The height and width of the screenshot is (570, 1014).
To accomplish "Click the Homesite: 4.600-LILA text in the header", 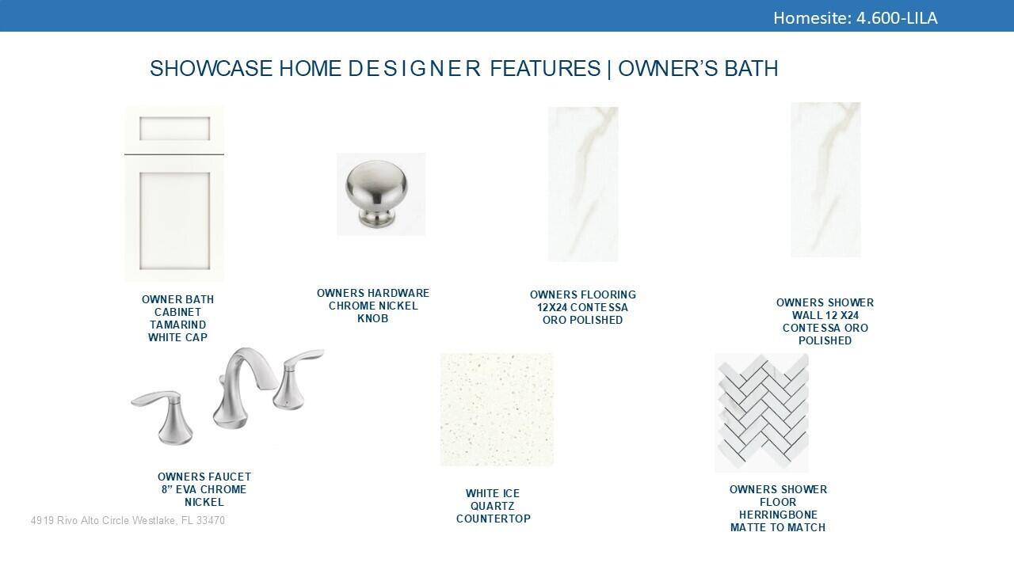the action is click(x=855, y=18).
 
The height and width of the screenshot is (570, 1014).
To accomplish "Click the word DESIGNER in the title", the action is click(x=414, y=69).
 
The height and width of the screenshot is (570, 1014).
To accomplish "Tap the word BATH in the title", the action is click(x=751, y=69).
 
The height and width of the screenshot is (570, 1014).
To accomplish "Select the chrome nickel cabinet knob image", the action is click(x=380, y=194).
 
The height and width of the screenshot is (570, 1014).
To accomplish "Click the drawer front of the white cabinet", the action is click(x=174, y=129).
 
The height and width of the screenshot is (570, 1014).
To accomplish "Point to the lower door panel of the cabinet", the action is click(x=174, y=220).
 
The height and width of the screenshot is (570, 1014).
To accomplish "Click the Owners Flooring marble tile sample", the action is click(x=583, y=184).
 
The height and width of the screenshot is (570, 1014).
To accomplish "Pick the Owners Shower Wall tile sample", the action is click(x=825, y=180).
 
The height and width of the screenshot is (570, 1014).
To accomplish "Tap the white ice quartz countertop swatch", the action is click(x=497, y=409).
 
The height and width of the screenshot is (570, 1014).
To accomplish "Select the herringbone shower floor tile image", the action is click(x=762, y=413).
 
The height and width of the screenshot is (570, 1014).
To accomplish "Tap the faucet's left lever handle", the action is click(x=166, y=416).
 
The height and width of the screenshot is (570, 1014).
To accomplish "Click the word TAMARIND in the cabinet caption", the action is click(x=178, y=325).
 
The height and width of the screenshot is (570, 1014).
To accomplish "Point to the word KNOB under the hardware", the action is click(x=372, y=318).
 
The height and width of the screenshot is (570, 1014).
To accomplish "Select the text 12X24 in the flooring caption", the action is click(x=552, y=307).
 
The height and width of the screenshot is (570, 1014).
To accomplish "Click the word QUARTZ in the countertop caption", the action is click(x=493, y=506).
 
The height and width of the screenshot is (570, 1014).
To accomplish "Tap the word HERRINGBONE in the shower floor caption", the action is click(x=778, y=515).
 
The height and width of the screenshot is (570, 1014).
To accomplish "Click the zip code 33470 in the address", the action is click(x=211, y=521).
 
